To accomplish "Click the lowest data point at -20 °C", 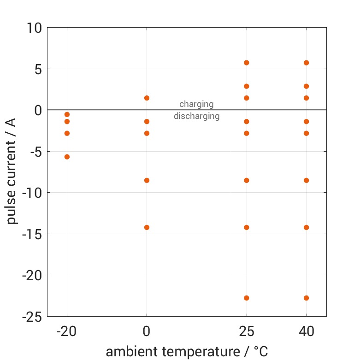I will click(x=67, y=157).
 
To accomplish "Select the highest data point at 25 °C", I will click(x=247, y=63).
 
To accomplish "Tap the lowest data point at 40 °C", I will click(x=306, y=298).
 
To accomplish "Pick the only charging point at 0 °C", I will click(x=147, y=98).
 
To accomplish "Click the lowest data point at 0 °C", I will click(x=147, y=227).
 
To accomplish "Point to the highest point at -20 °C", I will click(x=67, y=114).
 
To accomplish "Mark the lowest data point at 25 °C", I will click(x=247, y=298).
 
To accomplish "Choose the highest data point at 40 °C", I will click(x=306, y=63).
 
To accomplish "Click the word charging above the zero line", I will click(x=196, y=104).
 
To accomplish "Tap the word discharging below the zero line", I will click(x=196, y=116).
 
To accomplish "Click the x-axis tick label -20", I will click(x=67, y=331).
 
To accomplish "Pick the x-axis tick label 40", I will click(x=306, y=331).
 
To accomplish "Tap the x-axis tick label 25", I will click(x=247, y=331).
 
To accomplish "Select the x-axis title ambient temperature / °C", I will click(x=187, y=351).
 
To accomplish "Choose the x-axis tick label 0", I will click(x=147, y=331).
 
